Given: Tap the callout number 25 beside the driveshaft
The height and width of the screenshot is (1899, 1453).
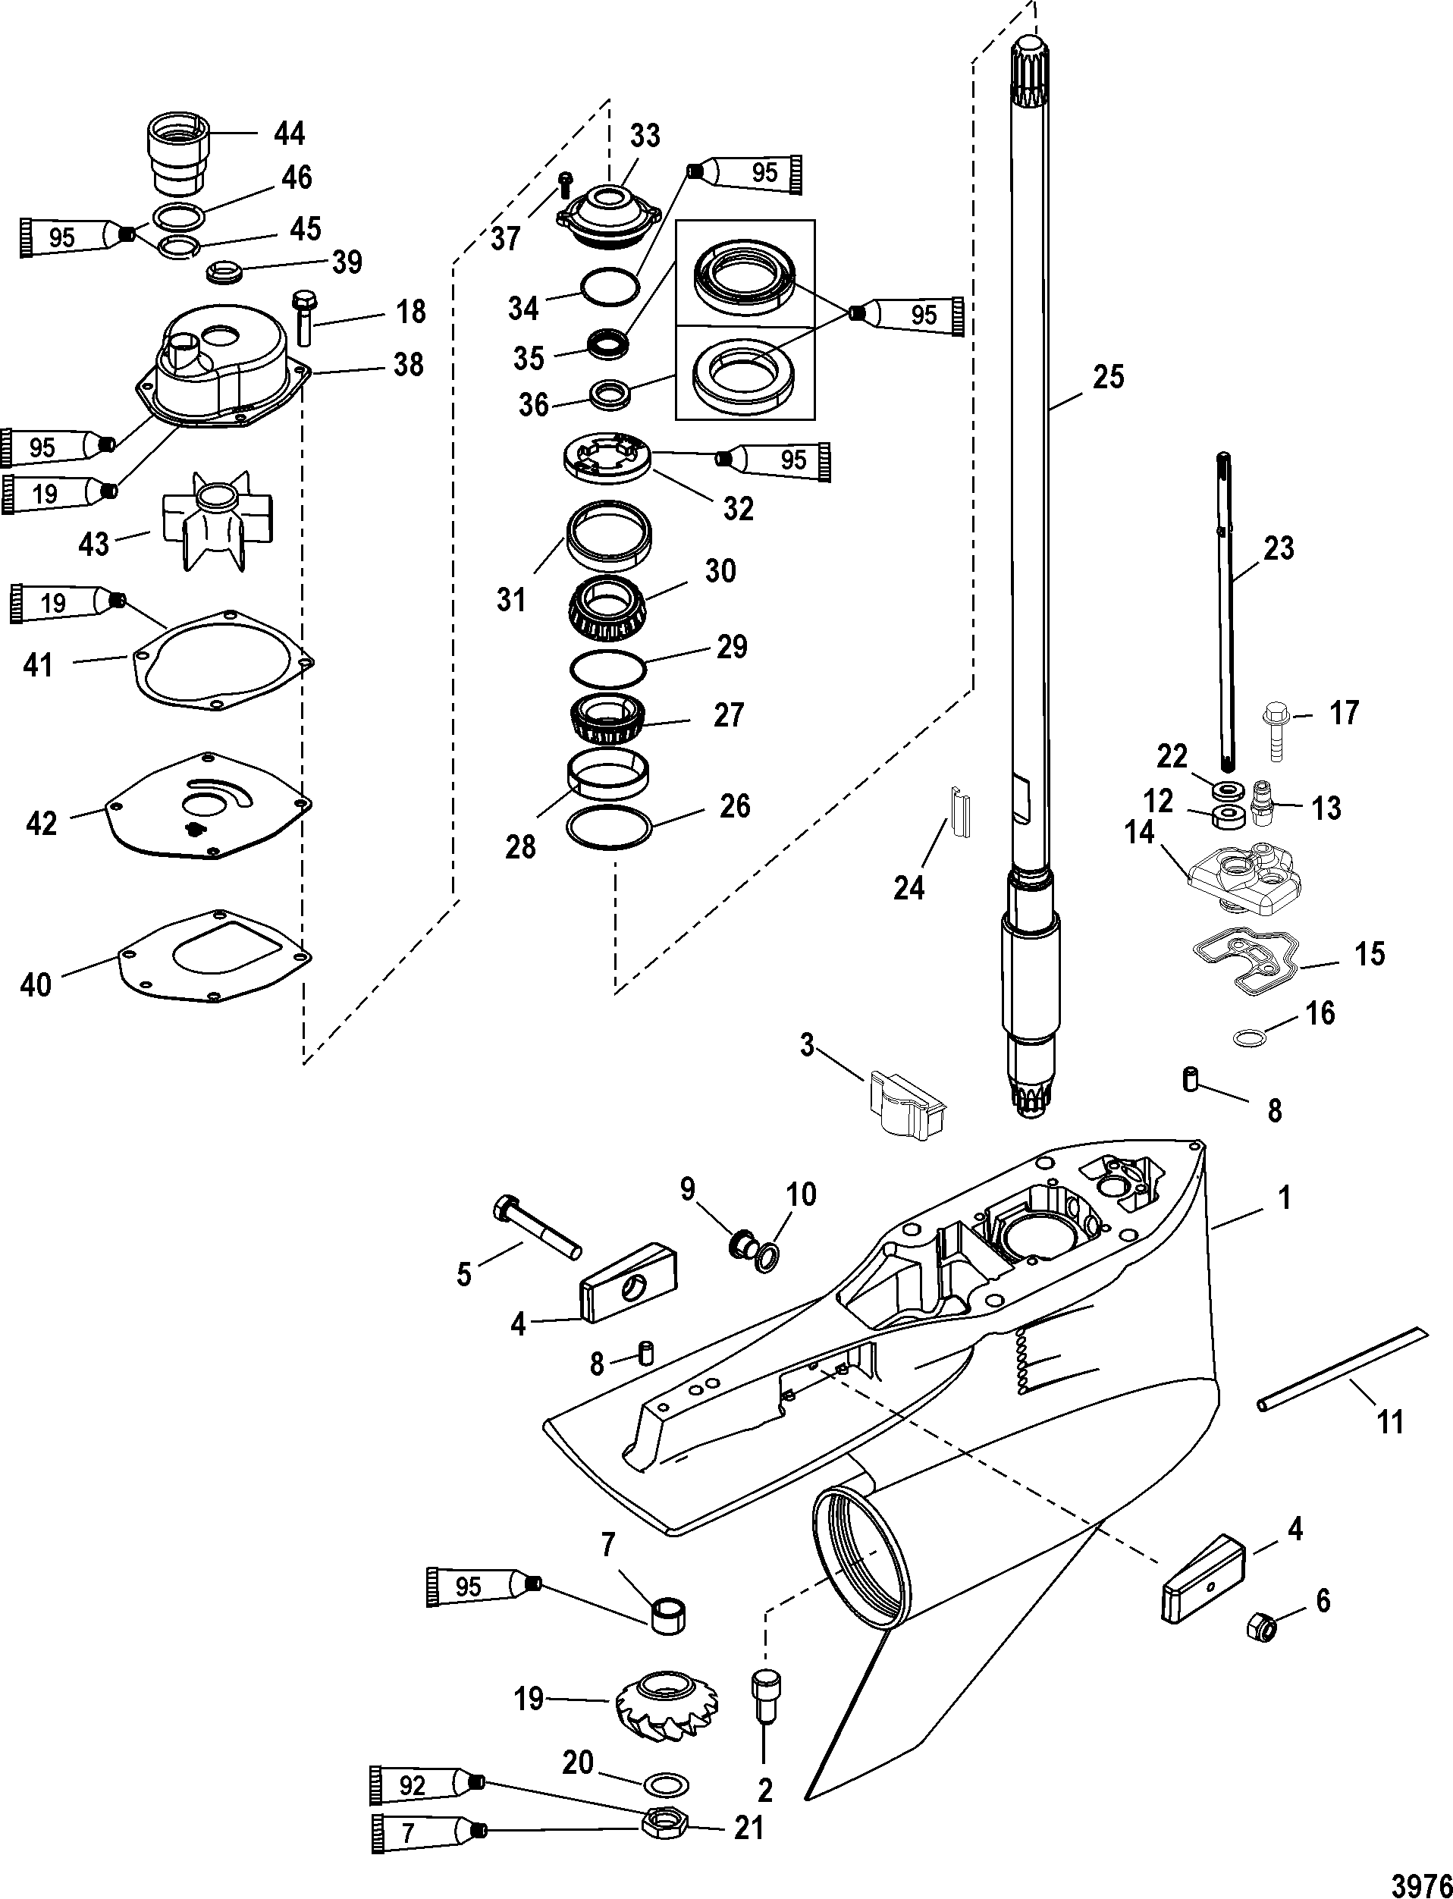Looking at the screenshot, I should tap(1108, 377).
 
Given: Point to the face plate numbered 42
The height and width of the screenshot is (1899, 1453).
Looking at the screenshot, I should tap(208, 806).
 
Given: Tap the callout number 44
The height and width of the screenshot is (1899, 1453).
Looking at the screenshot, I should tap(289, 133).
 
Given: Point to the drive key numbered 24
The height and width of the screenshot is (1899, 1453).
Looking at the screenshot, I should tap(960, 814).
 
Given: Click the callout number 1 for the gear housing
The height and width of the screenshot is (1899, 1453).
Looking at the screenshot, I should tap(1285, 1197).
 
